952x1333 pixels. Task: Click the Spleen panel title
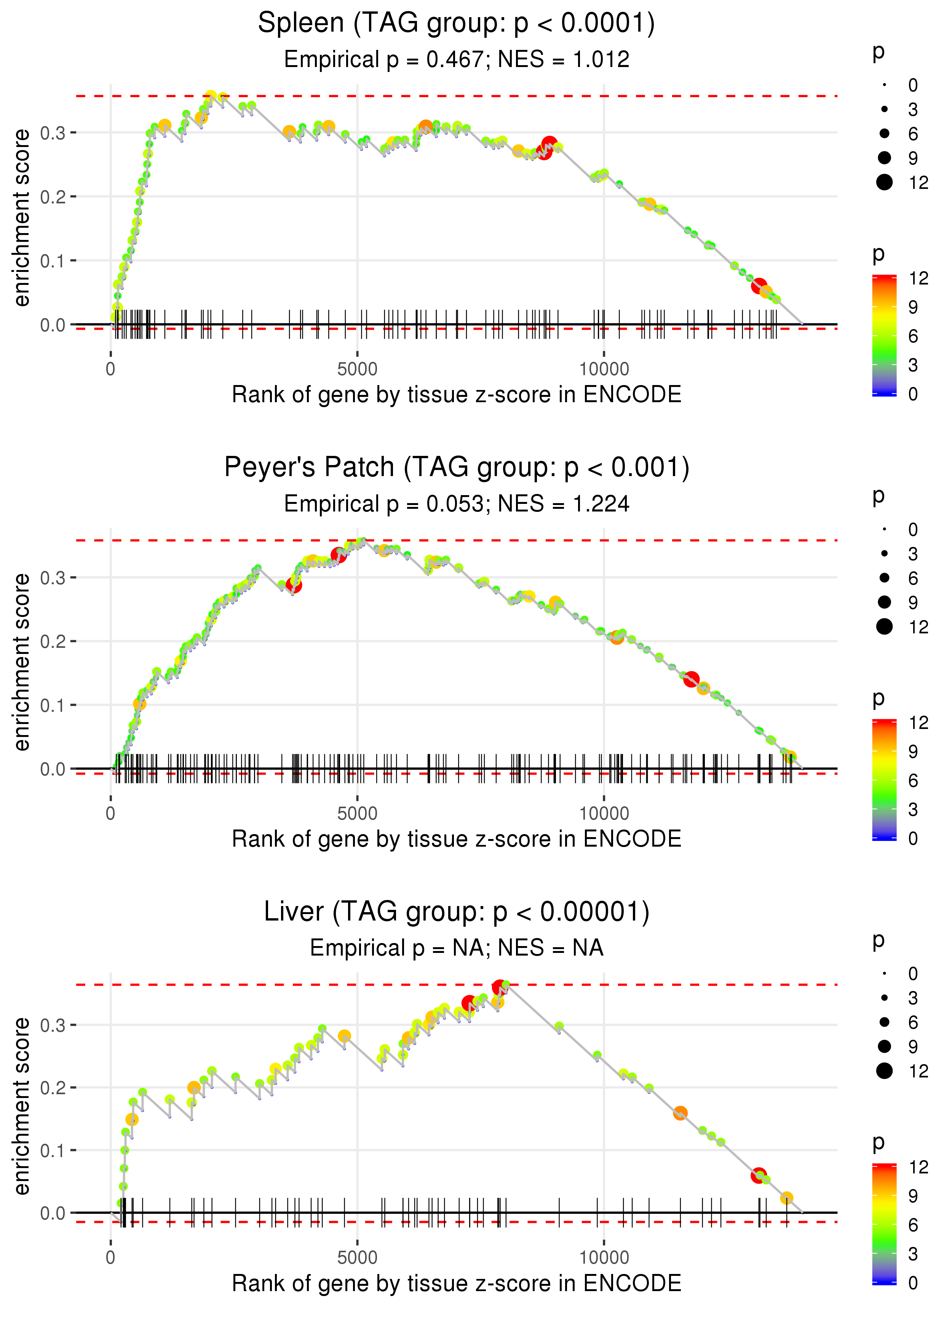click(x=456, y=24)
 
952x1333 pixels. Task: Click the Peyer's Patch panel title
click(x=456, y=468)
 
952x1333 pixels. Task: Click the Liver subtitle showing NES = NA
click(x=456, y=948)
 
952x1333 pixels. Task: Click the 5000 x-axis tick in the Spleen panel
click(x=357, y=369)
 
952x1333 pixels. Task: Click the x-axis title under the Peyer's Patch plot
click(x=456, y=839)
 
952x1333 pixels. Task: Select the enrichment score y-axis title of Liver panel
click(x=22, y=1106)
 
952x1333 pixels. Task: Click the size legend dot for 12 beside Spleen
click(x=884, y=182)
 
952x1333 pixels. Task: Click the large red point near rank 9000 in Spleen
click(x=549, y=144)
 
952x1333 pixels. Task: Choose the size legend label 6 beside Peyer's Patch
click(x=913, y=579)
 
